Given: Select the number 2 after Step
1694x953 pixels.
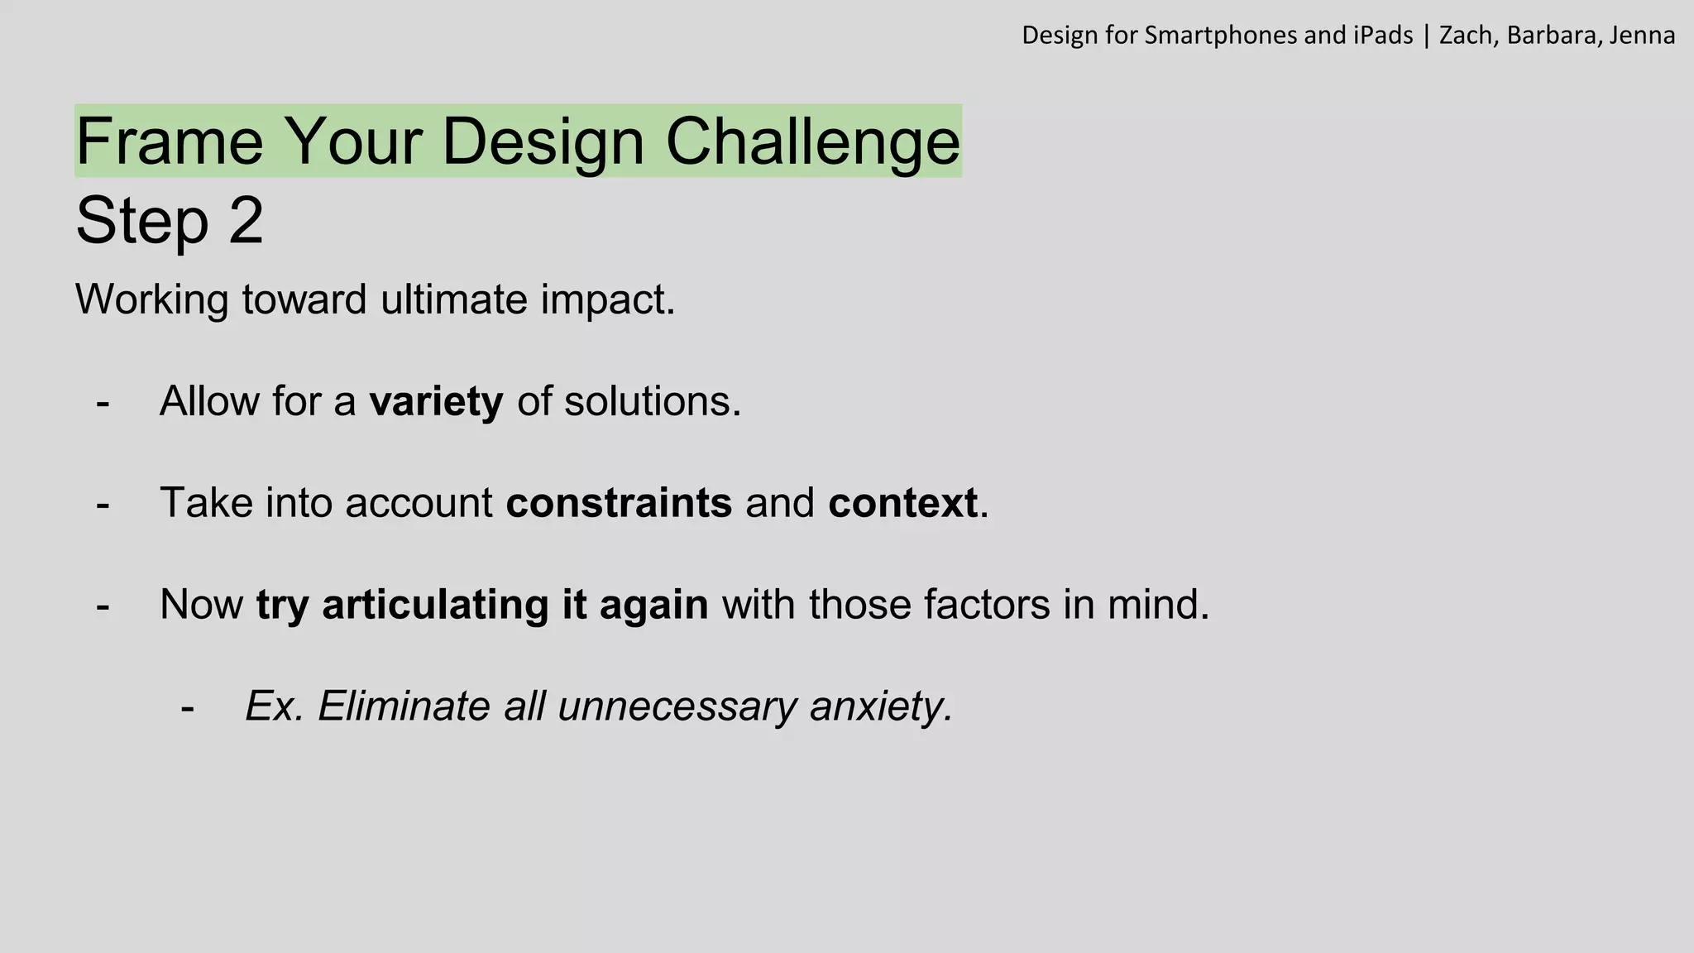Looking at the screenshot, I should tap(246, 221).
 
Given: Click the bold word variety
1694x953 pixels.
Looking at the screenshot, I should tap(436, 402).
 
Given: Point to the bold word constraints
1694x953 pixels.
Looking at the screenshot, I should tap(619, 503).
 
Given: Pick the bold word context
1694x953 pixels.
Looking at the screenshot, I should tap(902, 503).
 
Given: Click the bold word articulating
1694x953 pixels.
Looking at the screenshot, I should tap(435, 605).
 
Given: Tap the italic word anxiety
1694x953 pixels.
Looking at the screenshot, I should tap(880, 706).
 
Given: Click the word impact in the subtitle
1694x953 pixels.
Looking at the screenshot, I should tap(607, 299).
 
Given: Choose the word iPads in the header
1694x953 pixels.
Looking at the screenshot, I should tap(1383, 36).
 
